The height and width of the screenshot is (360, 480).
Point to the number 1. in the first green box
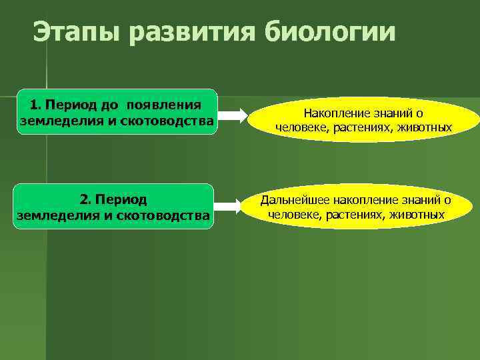[35, 105]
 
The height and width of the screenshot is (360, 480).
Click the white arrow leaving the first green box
[232, 115]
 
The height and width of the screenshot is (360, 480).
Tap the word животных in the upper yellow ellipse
[425, 127]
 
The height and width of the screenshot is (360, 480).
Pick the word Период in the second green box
[122, 199]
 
